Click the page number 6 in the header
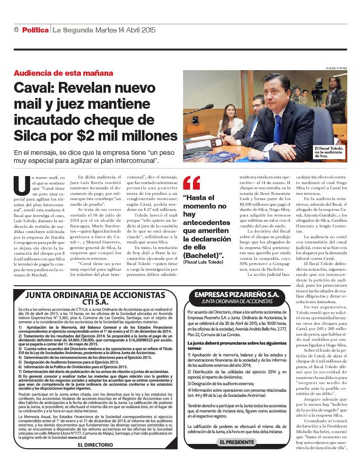point(16,30)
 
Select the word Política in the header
point(35,30)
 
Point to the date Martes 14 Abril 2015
point(125,30)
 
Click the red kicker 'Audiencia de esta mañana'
point(64,73)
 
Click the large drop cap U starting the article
point(22,185)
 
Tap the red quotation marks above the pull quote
point(192,183)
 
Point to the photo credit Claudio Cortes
point(336,68)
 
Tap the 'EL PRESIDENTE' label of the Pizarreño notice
point(237,442)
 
